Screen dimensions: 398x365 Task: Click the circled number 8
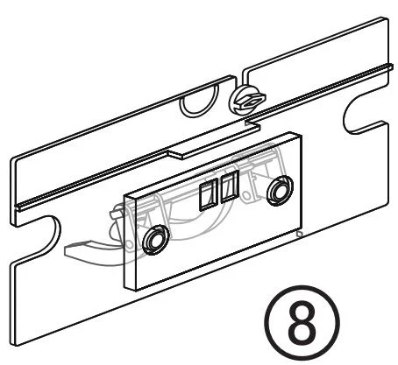pos(302,323)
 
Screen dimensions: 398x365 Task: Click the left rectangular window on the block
pos(209,194)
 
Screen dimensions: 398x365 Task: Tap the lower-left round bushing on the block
pos(156,240)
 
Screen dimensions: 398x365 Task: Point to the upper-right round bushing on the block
pos(280,191)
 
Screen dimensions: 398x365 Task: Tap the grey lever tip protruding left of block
pos(76,249)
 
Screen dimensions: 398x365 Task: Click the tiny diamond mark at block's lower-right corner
pos(299,234)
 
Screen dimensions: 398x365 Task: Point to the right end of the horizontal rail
pos(391,67)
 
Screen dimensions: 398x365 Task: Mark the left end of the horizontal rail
pos(18,207)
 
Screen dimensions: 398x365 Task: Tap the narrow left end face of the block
pos(131,242)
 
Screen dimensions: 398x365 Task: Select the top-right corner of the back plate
pos(387,18)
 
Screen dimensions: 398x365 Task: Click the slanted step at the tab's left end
pos(174,155)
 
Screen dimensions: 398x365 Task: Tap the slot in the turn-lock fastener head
pos(251,102)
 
